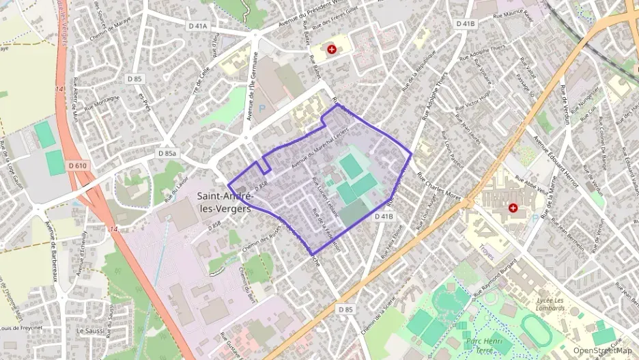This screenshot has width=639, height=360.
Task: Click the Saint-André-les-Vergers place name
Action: pyautogui.click(x=225, y=202)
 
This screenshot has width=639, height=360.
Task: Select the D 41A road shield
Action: pyautogui.click(x=197, y=27)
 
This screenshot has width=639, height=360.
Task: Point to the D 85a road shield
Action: pyautogui.click(x=167, y=154)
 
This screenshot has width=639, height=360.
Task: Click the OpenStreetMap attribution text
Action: pyautogui.click(x=602, y=351)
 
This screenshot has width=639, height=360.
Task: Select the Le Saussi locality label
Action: pyautogui.click(x=89, y=331)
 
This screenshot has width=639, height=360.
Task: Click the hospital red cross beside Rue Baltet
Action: pyautogui.click(x=332, y=49)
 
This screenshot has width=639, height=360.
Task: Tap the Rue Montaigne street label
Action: pyautogui.click(x=102, y=103)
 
